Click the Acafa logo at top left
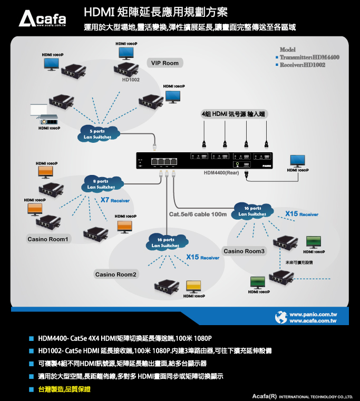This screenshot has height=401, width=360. [43, 19]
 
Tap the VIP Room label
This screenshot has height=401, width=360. [165, 63]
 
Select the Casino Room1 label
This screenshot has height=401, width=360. [48, 239]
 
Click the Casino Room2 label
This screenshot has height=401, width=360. [116, 274]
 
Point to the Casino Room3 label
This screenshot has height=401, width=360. [244, 251]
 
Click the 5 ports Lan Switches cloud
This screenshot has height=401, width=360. [98, 134]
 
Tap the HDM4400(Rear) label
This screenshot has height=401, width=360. [222, 172]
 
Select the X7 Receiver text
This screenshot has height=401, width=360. [115, 200]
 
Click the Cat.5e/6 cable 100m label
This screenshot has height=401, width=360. [198, 214]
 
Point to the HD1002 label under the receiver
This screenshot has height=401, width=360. [131, 80]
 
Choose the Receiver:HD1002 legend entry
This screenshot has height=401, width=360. [302, 65]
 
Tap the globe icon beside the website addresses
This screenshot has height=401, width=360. [281, 317]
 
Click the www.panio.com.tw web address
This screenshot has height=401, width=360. [313, 314]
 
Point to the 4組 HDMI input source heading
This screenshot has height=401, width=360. [233, 113]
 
